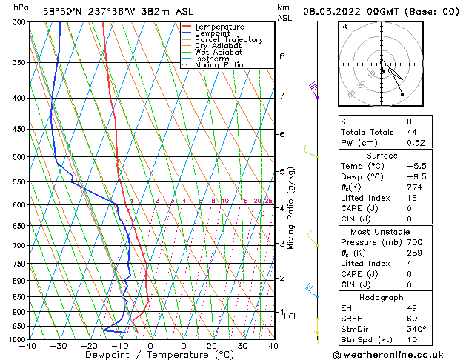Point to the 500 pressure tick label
tap(18, 157)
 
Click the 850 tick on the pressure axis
tap(18, 296)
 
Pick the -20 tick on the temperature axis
tap(88, 346)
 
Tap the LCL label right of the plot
tap(291, 316)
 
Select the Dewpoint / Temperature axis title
tap(151, 356)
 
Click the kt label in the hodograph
tap(344, 27)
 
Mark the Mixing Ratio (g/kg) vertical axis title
tap(291, 208)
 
